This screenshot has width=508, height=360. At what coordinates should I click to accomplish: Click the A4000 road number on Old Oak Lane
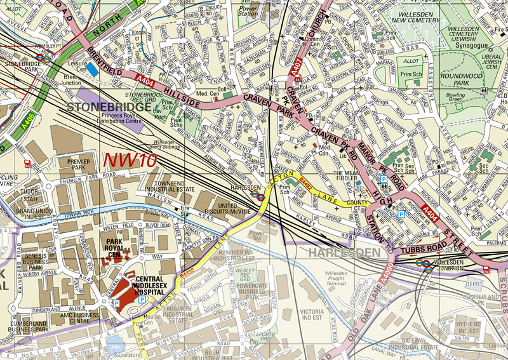(385, 272)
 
